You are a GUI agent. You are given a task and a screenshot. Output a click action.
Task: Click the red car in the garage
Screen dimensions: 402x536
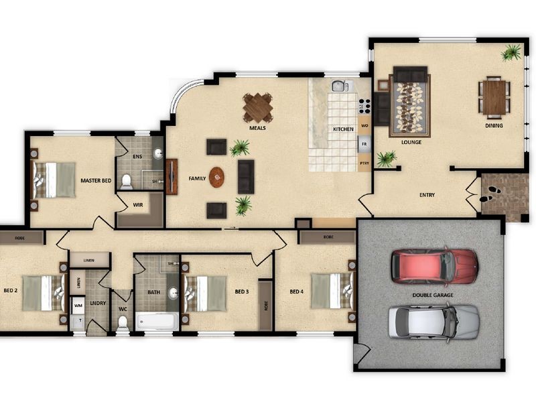434,265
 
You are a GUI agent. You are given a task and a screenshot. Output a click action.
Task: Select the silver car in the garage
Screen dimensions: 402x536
433,321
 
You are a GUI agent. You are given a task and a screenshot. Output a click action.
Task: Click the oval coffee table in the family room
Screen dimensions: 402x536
217,177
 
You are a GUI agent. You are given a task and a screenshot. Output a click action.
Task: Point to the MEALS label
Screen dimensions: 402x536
258,127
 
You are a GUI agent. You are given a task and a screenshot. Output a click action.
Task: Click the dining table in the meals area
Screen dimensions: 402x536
258,107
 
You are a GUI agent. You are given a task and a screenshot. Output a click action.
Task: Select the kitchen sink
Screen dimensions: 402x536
340,86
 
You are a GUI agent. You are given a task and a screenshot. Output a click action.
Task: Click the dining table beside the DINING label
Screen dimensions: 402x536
494,98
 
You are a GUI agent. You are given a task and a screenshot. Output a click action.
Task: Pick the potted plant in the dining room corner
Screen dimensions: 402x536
512,52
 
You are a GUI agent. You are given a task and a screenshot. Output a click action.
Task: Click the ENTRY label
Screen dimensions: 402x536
427,195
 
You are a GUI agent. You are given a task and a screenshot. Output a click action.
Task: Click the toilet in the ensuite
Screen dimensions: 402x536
127,181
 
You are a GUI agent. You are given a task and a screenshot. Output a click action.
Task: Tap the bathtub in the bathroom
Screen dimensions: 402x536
157,322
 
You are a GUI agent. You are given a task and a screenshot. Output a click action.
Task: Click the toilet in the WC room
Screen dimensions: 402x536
123,323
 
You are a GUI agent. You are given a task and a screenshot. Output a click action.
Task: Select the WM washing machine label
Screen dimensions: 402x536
78,306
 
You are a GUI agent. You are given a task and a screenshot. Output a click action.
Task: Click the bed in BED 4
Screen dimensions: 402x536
332,291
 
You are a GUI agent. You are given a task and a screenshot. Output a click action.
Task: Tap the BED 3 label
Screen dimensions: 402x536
242,291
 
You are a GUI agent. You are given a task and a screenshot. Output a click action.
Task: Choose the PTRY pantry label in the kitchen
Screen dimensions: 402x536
364,163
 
